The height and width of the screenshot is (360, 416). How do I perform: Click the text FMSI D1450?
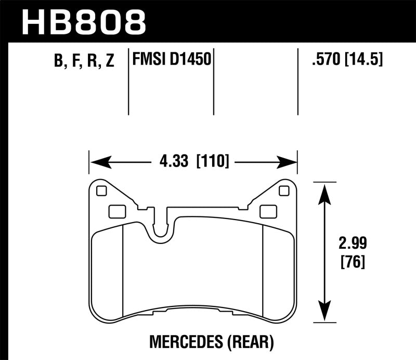(x=172, y=60)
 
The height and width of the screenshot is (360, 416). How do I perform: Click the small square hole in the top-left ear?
(x=101, y=191)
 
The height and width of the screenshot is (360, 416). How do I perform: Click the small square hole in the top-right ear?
(x=284, y=191)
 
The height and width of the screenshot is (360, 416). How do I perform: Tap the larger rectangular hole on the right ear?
(x=268, y=211)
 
